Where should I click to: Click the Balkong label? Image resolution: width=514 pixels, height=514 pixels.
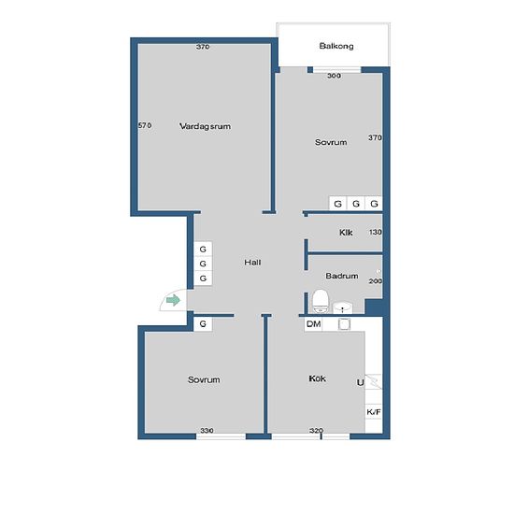[336, 46]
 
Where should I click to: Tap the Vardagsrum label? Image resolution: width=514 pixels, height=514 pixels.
[205, 126]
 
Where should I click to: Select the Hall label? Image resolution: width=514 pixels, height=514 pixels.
[252, 263]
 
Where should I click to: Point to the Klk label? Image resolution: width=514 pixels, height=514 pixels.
[346, 233]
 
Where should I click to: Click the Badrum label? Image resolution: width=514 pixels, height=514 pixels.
[341, 276]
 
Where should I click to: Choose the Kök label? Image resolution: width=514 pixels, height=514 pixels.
[317, 378]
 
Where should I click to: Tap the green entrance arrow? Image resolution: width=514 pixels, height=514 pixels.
[173, 300]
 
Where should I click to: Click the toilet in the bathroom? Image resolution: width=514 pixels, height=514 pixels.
[320, 301]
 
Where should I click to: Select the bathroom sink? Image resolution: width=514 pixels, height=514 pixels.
[343, 307]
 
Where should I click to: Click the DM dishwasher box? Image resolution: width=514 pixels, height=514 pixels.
[313, 324]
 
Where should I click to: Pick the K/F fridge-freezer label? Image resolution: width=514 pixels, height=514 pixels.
[374, 412]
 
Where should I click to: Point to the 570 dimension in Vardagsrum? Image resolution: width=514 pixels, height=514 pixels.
[145, 125]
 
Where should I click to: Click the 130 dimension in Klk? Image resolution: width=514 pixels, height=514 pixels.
[375, 232]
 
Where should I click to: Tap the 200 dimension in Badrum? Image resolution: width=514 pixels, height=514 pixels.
[376, 281]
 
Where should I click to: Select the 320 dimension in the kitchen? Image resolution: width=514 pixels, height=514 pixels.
[316, 430]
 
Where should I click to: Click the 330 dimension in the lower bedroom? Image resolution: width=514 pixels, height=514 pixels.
[207, 430]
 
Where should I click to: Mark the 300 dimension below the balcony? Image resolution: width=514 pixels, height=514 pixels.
[334, 76]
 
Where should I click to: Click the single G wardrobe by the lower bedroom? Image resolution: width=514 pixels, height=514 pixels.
[203, 324]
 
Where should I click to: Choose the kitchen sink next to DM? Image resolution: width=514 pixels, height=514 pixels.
[344, 324]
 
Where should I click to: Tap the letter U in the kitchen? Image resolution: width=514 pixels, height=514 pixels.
[360, 382]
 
